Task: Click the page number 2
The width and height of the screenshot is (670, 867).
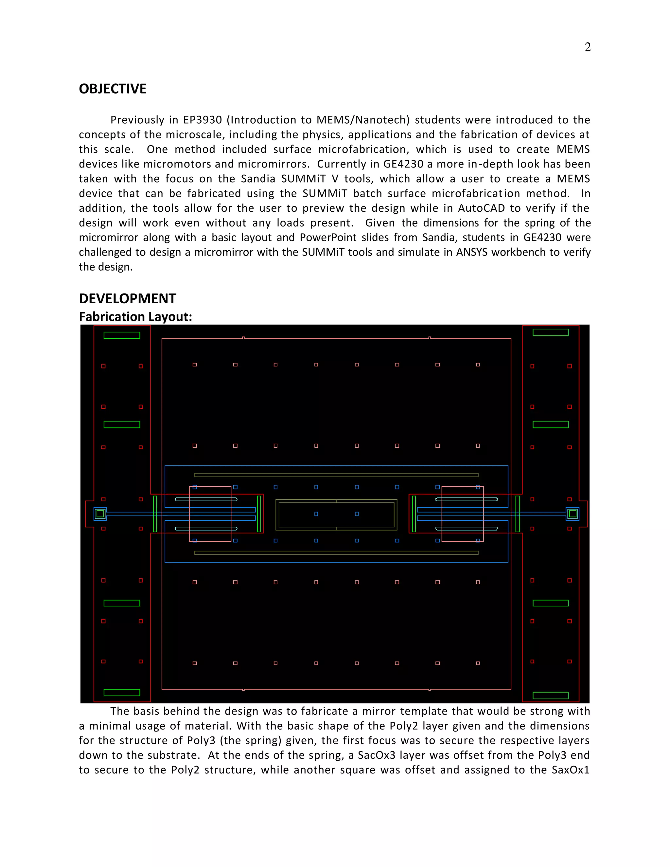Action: pos(588,47)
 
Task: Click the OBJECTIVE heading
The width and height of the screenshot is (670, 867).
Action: pos(113,89)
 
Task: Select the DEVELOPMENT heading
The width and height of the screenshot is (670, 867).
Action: pos(127,298)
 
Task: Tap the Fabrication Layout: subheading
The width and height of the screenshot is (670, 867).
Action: pos(135,317)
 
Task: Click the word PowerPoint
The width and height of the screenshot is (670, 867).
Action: pos(328,238)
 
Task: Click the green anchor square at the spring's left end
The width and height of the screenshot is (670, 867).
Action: pos(100,514)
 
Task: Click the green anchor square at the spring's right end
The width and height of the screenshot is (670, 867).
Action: pos(573,514)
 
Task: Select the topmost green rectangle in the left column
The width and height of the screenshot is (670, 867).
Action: pos(121,335)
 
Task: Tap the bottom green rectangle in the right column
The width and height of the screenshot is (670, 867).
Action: pos(550,695)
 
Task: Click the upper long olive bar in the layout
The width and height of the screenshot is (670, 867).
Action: pos(336,475)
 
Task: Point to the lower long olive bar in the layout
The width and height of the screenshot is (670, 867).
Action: pos(336,553)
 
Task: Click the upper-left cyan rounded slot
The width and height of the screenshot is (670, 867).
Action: pos(206,499)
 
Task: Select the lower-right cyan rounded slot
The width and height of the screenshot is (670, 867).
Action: pos(467,528)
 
